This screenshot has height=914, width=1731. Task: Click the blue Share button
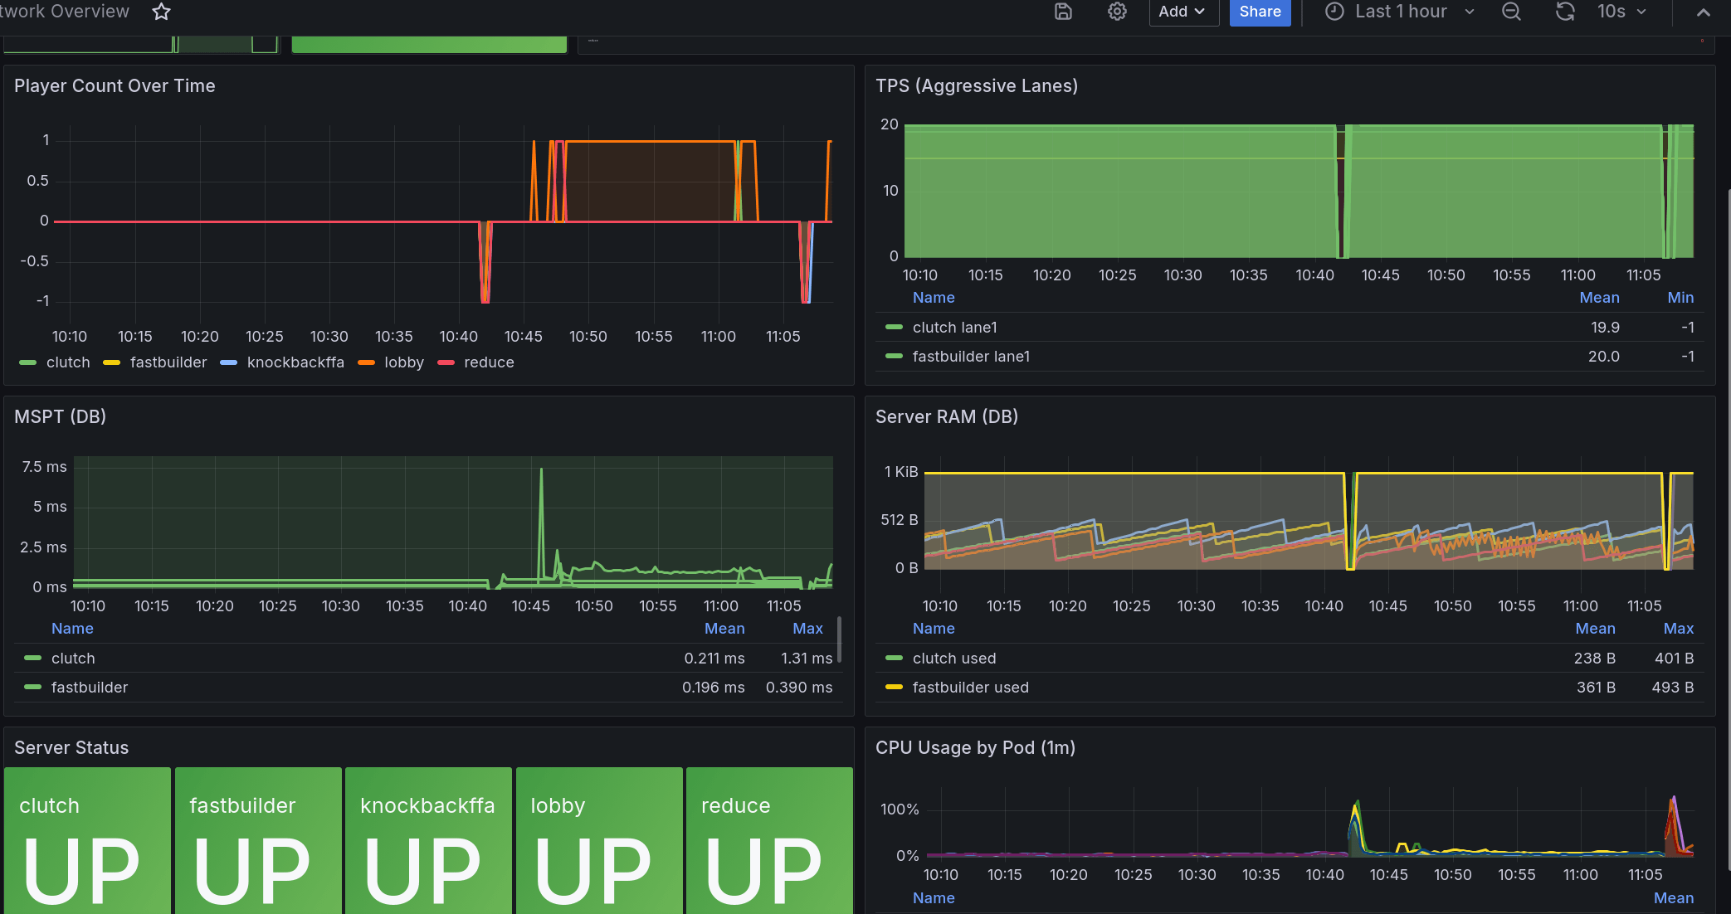click(1260, 12)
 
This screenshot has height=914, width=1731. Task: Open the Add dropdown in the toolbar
click(1183, 12)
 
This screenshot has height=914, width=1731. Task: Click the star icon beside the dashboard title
click(162, 12)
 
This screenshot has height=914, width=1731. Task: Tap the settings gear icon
click(1117, 12)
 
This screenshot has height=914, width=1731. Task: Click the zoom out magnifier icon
click(1512, 12)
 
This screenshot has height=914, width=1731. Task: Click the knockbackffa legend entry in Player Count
click(282, 362)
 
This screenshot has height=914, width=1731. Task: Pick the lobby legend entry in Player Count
click(391, 362)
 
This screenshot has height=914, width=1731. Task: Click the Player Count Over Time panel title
click(115, 86)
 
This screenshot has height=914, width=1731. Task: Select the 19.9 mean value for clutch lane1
click(1605, 328)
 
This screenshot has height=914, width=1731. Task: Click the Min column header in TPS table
click(1680, 298)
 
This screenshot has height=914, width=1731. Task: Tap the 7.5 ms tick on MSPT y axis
click(45, 467)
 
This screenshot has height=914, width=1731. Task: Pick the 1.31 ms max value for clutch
click(807, 659)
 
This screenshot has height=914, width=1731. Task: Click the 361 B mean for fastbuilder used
click(1596, 688)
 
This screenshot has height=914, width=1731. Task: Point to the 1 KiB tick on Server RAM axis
click(901, 472)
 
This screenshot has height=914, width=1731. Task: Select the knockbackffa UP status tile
click(428, 840)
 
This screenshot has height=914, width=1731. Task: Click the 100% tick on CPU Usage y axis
click(900, 809)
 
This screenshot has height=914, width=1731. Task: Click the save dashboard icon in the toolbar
click(1063, 12)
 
